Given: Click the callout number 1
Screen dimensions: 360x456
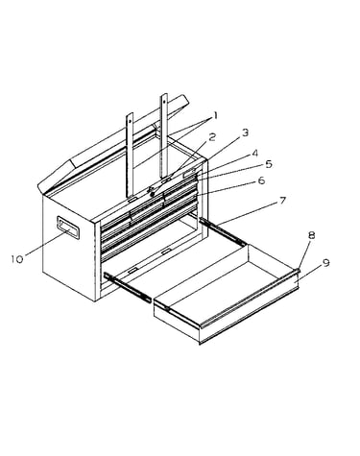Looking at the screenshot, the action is click(x=215, y=115).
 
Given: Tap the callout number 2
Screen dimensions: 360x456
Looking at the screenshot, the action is click(x=212, y=137).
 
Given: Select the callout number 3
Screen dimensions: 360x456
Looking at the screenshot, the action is click(x=245, y=132).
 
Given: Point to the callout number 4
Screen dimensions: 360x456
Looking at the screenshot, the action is click(x=254, y=154).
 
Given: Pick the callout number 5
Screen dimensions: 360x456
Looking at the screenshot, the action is click(x=269, y=164).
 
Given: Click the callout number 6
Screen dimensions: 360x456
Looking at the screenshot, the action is click(x=261, y=180).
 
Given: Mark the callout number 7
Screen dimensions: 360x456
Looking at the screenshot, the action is click(x=282, y=201).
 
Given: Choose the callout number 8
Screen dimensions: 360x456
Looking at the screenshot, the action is click(x=311, y=235).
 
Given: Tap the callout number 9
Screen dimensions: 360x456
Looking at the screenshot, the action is click(x=325, y=263).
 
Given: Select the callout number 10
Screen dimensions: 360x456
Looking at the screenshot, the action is click(x=17, y=259).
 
